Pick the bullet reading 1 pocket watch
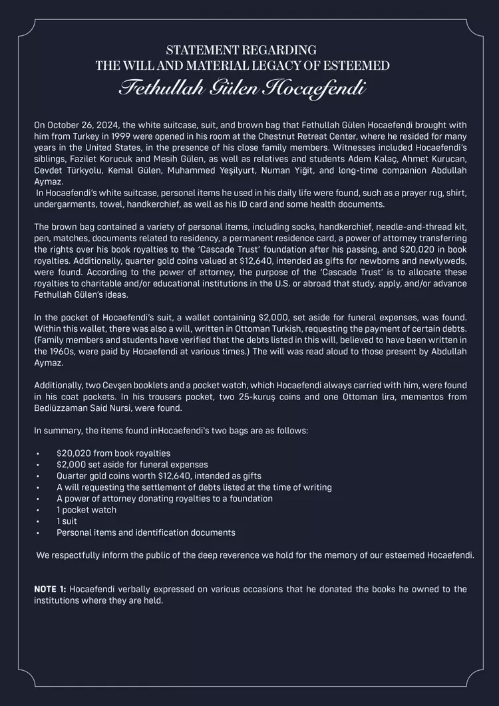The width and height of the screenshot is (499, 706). tap(86, 510)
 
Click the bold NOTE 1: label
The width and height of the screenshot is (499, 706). tap(51, 589)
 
